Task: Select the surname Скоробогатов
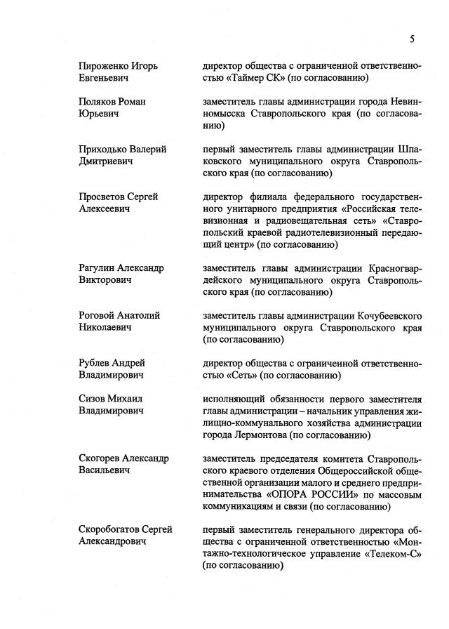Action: pyautogui.click(x=109, y=529)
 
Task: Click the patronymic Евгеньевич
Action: pyautogui.click(x=104, y=78)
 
